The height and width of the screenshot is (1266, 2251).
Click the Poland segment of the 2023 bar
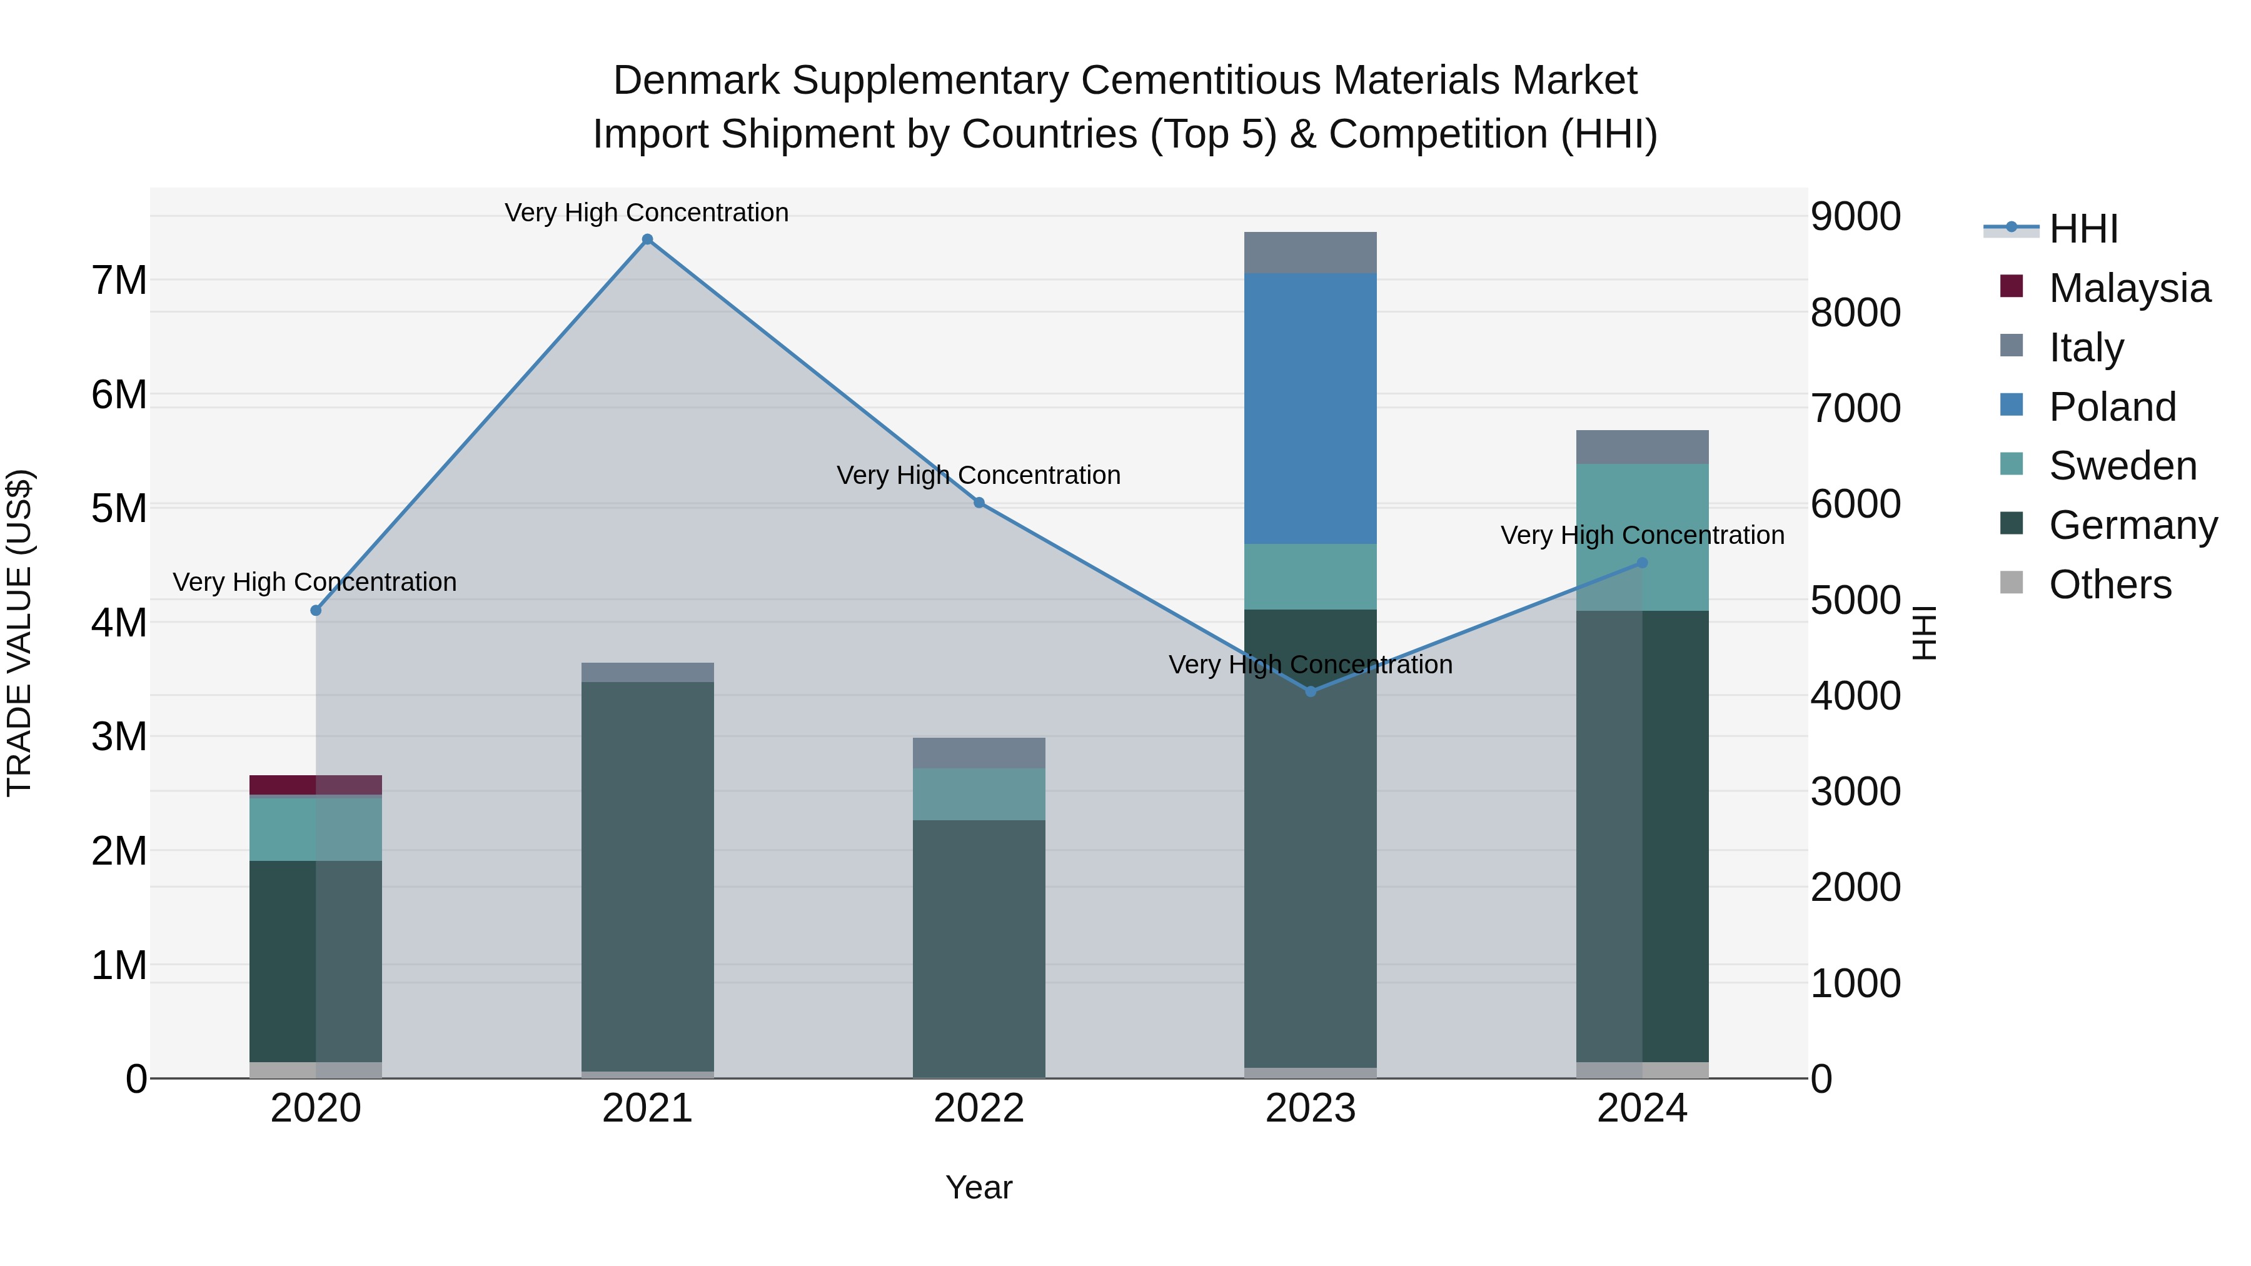click(1310, 408)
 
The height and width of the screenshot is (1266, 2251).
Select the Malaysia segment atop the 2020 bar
click(316, 784)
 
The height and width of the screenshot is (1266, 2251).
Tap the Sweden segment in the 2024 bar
click(1642, 536)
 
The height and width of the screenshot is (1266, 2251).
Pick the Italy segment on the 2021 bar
click(648, 672)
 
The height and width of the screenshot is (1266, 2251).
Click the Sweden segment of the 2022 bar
click(979, 793)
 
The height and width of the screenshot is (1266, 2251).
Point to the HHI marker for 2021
click(648, 239)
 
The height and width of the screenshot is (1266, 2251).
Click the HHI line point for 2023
click(1310, 691)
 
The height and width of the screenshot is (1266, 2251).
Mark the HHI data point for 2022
click(979, 503)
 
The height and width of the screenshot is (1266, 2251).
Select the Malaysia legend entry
click(2128, 288)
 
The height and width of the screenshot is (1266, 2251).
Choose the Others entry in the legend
click(2110, 584)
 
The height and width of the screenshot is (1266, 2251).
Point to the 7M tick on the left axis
click(119, 281)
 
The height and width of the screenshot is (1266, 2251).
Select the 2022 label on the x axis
click(979, 1108)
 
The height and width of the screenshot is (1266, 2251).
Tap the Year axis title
click(979, 1187)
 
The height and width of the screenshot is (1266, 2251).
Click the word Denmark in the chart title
click(695, 81)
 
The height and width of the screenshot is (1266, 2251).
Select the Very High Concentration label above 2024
click(1642, 535)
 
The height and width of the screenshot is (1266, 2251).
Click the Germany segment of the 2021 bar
click(648, 874)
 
